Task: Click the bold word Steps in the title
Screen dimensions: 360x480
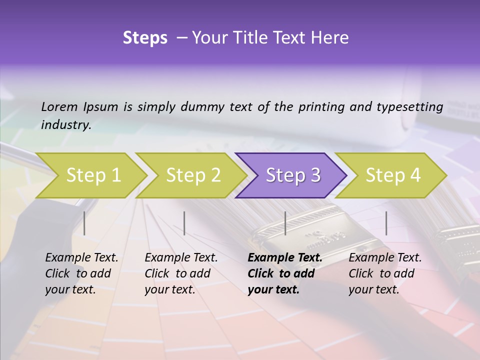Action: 145,38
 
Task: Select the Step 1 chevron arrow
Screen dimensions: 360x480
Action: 93,175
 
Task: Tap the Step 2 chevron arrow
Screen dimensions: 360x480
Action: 193,175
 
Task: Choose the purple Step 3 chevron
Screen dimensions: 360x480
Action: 292,175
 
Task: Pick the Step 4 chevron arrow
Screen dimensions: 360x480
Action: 392,175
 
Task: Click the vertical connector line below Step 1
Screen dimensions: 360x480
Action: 84,223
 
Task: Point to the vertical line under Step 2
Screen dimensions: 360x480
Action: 184,223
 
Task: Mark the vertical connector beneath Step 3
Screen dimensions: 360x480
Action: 285,223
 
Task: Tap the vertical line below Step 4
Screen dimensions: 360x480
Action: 386,223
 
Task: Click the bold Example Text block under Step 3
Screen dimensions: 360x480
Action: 285,273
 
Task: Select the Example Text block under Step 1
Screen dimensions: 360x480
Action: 81,273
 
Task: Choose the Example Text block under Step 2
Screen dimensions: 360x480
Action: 181,273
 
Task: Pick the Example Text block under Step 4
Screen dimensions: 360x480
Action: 385,273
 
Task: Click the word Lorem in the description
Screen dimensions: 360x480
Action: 59,106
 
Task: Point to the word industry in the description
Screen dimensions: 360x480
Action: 66,125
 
